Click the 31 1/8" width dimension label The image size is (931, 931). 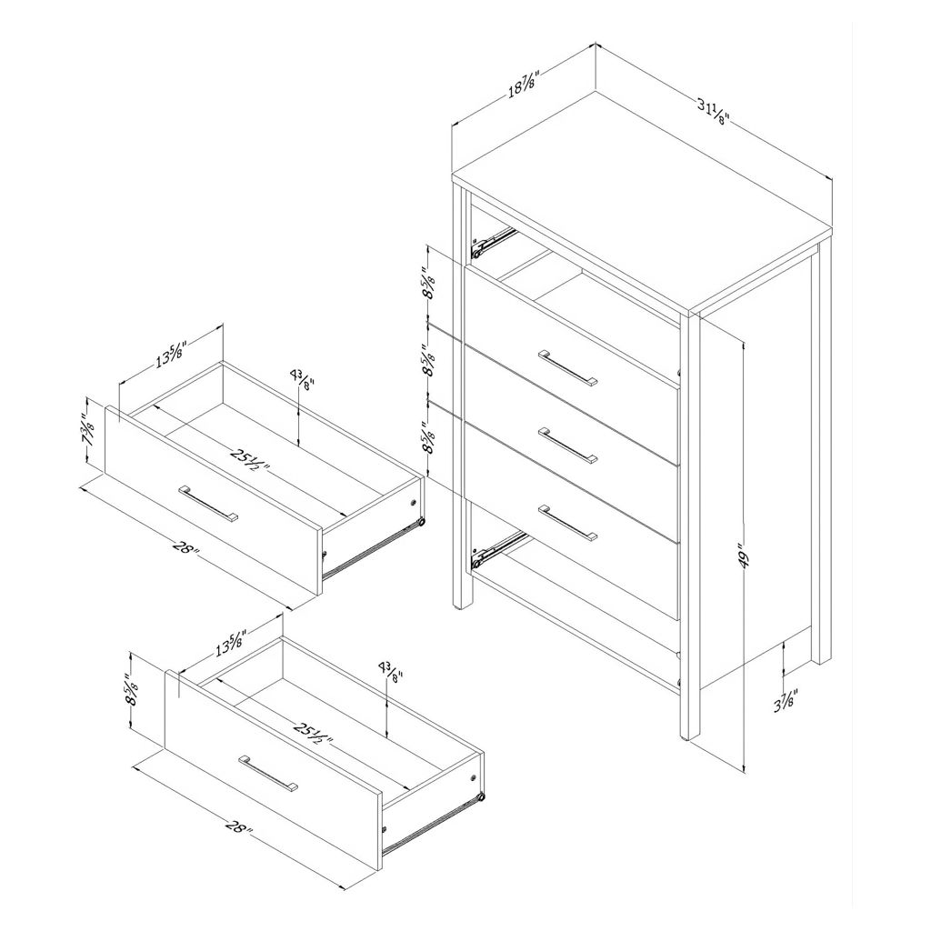713,112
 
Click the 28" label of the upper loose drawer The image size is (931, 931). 185,546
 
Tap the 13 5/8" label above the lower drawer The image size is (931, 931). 231,642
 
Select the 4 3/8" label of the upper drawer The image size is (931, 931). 302,377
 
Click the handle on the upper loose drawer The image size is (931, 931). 208,504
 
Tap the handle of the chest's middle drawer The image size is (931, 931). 568,444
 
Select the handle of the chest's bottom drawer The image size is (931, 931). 568,523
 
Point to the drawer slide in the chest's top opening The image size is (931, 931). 494,242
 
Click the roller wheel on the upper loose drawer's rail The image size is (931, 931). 421,523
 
